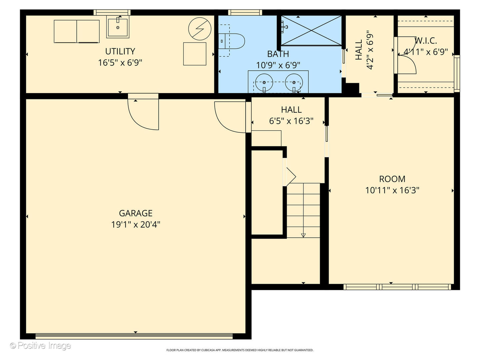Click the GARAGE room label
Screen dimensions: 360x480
coord(136,213)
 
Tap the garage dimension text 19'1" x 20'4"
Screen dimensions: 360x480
coord(136,224)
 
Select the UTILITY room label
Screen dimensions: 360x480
coord(120,51)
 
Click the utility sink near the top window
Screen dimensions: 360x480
coord(118,28)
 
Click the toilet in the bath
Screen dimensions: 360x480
coord(233,41)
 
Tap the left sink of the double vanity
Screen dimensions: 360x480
coord(264,82)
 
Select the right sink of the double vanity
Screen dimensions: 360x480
coord(294,82)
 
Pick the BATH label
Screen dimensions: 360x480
coord(278,54)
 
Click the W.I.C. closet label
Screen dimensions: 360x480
coord(426,41)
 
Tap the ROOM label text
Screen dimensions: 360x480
coord(392,179)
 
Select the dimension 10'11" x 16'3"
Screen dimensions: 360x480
coord(392,190)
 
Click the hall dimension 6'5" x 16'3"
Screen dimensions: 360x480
coord(291,121)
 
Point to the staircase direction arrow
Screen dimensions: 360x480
coord(303,235)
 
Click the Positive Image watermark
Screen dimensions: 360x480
coord(41,346)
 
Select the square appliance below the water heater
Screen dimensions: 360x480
coord(195,54)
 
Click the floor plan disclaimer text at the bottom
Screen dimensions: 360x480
coord(240,350)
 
